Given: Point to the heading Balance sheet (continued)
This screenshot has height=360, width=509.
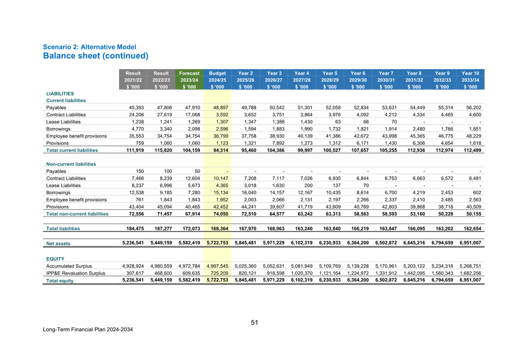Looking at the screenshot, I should [96, 56].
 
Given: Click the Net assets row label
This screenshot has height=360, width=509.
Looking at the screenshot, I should [58, 243].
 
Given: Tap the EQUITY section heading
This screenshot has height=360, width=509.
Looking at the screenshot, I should [57, 258].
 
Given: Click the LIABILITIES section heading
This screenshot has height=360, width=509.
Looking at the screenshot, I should [61, 94].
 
